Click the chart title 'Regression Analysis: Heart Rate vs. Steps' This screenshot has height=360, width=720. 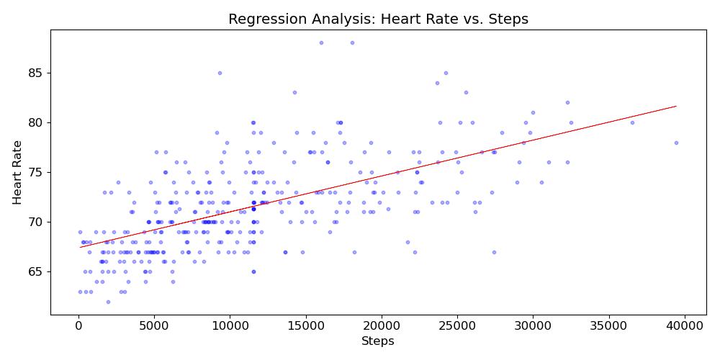click(x=378, y=19)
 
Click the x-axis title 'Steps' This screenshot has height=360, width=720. click(x=378, y=341)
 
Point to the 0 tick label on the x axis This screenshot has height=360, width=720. click(x=78, y=325)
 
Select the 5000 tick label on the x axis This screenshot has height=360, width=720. click(x=154, y=325)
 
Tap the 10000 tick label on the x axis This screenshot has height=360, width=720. click(x=230, y=325)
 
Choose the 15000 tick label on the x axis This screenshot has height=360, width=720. click(x=306, y=325)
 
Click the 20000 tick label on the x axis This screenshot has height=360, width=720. click(x=382, y=325)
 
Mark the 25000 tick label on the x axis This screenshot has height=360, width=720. click(x=457, y=325)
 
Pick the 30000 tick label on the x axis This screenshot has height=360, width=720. click(x=533, y=325)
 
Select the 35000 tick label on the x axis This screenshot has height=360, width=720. click(x=608, y=325)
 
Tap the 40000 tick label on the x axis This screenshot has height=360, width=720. click(x=685, y=325)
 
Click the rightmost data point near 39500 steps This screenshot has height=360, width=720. click(x=676, y=143)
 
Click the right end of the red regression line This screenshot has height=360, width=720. click(x=676, y=106)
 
